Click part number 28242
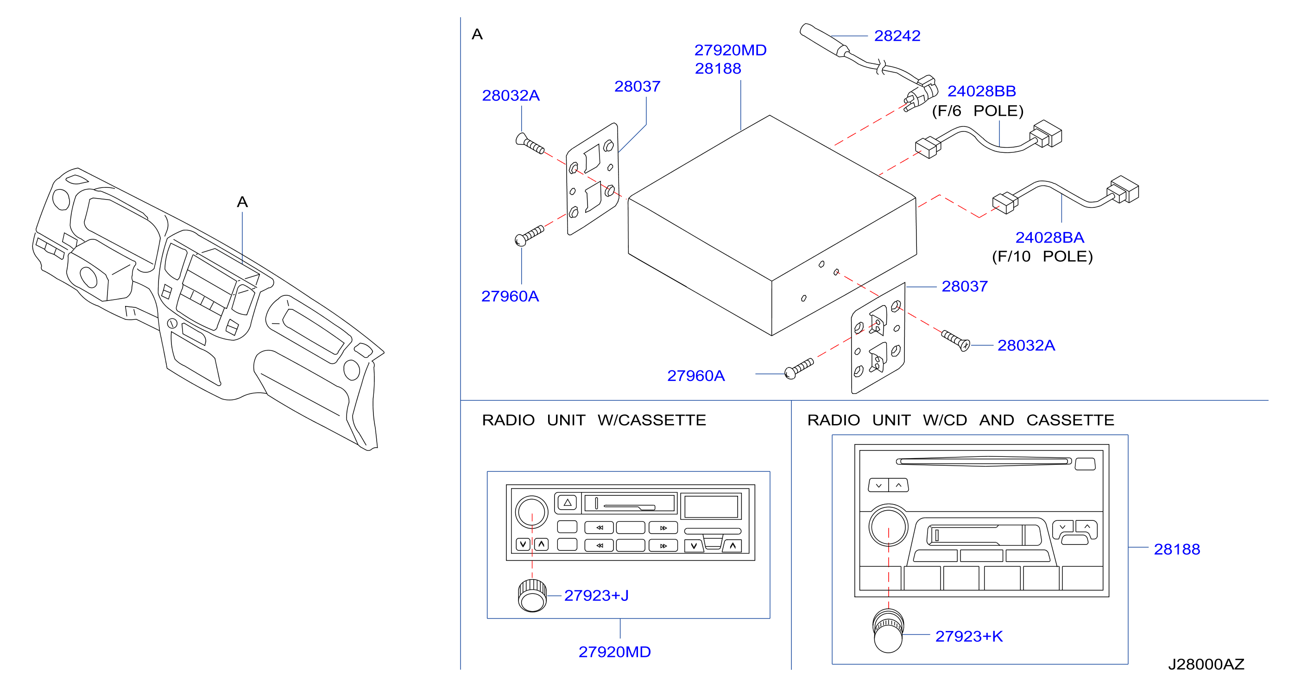click(897, 36)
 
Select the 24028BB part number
click(981, 91)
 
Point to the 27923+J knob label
click(596, 596)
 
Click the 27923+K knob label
click(969, 637)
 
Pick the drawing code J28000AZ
click(1206, 664)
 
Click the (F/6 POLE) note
click(978, 111)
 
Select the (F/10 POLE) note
click(1042, 256)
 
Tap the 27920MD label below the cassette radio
click(615, 652)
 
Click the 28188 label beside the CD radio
click(1177, 549)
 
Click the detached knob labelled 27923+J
click(532, 596)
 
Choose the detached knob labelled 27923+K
click(888, 631)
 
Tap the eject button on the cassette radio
click(567, 503)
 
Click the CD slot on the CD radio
click(983, 462)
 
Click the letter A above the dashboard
click(242, 202)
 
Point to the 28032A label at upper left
click(511, 95)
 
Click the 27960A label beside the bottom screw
click(696, 375)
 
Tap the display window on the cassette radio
click(711, 506)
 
